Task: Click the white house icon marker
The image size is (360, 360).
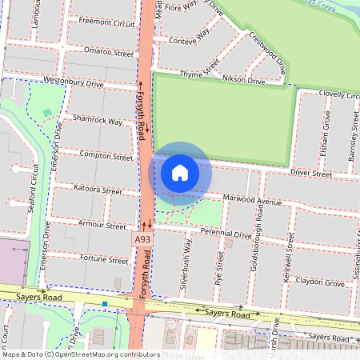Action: pyautogui.click(x=180, y=172)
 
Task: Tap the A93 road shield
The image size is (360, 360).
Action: pyautogui.click(x=142, y=239)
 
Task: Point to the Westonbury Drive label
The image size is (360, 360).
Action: pyautogui.click(x=74, y=82)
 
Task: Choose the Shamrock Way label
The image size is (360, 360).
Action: pyautogui.click(x=98, y=121)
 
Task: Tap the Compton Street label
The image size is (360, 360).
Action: pyautogui.click(x=106, y=156)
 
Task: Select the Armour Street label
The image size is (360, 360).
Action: pyautogui.click(x=105, y=226)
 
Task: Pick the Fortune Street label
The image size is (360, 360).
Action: pyautogui.click(x=104, y=260)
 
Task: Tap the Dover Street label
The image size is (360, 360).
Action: pyautogui.click(x=311, y=173)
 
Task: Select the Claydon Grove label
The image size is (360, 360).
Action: pyautogui.click(x=320, y=282)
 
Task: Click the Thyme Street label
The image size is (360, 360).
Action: pyautogui.click(x=199, y=73)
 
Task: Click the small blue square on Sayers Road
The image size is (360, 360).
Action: pyautogui.click(x=104, y=304)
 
